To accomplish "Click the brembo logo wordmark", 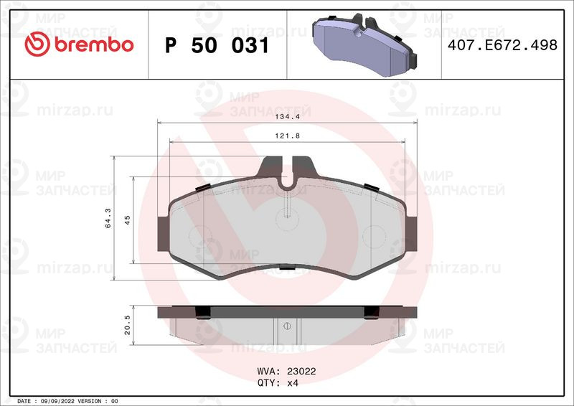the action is tap(94, 44).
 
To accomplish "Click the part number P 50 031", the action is tap(217, 45).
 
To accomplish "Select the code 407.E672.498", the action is tap(502, 45).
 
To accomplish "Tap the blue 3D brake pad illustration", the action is tap(364, 44).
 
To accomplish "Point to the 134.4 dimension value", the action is tap(288, 116).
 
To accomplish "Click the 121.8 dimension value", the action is tap(288, 136).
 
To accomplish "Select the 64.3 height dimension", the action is tap(108, 218).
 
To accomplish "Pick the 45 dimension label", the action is tap(128, 220).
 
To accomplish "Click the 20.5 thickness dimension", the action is tap(128, 325).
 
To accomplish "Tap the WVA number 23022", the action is tap(301, 372).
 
